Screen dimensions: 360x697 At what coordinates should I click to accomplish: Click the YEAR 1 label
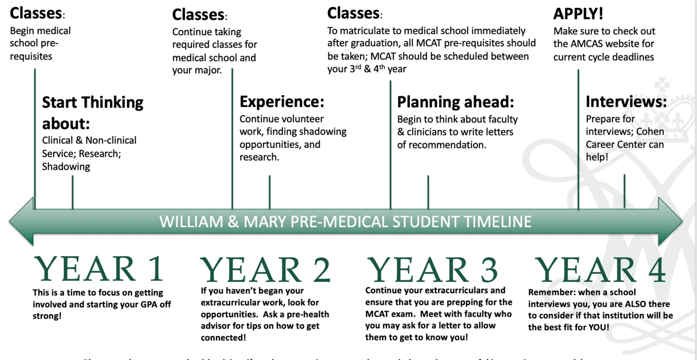click(99, 269)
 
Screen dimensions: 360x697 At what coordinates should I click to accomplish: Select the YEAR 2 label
click(265, 269)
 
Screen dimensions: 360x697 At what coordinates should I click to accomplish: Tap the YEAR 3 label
click(432, 269)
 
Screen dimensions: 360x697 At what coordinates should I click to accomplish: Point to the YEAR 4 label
click(600, 269)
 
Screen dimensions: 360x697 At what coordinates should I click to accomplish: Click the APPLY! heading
click(578, 13)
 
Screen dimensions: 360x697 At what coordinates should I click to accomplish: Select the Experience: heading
click(282, 102)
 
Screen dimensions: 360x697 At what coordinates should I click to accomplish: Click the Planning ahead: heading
click(456, 102)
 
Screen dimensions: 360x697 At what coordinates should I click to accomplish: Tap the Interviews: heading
click(626, 102)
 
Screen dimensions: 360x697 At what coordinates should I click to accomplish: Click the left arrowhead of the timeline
click(20, 221)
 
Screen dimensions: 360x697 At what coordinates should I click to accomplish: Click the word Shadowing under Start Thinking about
click(66, 167)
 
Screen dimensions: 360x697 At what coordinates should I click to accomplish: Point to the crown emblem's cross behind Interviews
click(662, 87)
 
